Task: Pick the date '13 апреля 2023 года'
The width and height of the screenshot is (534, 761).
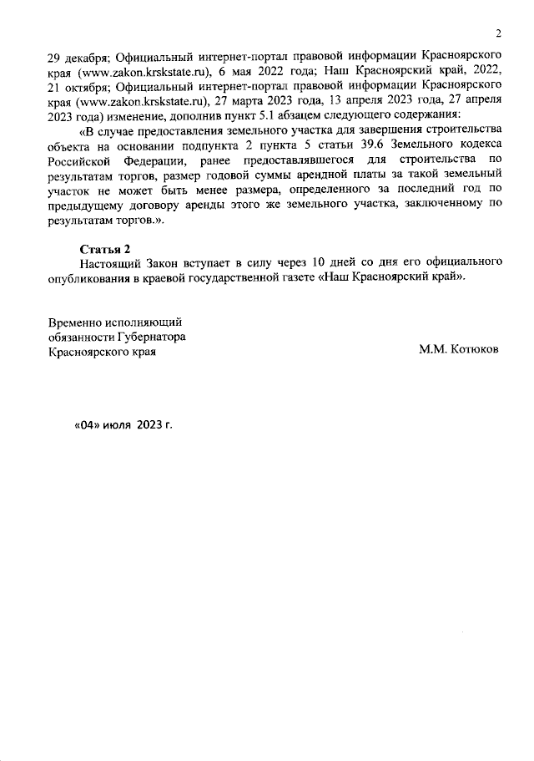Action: click(x=380, y=100)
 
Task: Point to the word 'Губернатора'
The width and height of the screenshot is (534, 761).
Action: click(x=148, y=337)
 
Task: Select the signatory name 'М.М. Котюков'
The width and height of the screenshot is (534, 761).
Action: click(x=459, y=352)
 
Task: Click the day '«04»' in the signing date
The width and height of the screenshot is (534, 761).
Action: click(x=88, y=424)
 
